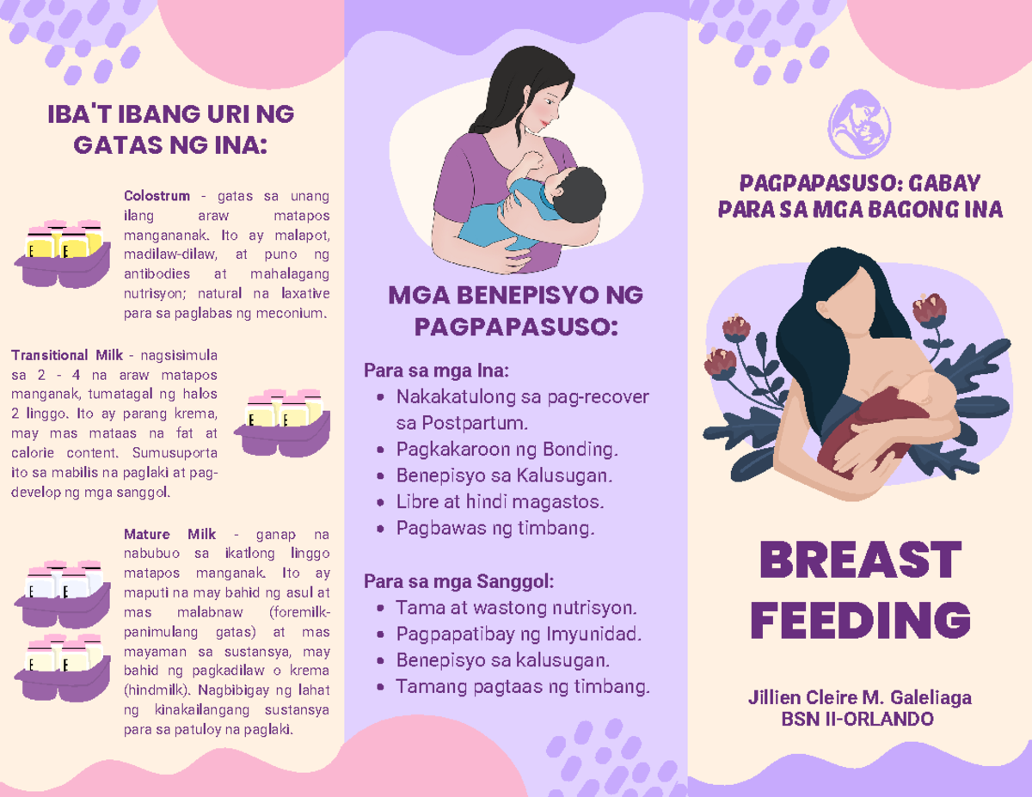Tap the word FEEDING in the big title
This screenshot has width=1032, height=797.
click(x=861, y=620)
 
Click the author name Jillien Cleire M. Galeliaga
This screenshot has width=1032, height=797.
click(x=861, y=697)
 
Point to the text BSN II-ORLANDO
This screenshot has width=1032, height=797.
click(x=861, y=719)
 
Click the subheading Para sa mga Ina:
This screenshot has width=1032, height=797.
click(x=437, y=372)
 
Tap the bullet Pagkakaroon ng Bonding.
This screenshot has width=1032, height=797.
click(x=507, y=450)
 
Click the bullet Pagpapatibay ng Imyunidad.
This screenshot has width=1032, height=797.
click(x=518, y=635)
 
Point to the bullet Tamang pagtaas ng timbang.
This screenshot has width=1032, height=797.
click(x=523, y=687)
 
